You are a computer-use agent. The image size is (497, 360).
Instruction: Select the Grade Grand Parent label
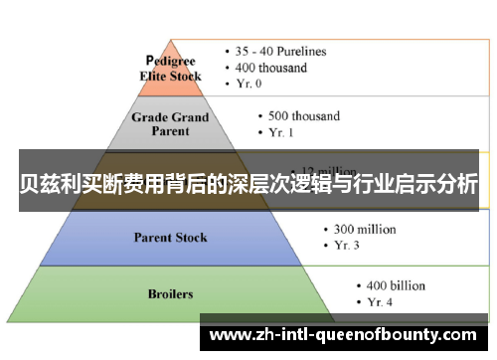tap(170, 123)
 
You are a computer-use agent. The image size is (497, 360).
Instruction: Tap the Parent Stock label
tap(170, 237)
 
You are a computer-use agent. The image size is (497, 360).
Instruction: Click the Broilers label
tap(170, 294)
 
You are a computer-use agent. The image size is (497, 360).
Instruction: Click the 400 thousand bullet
tap(270, 68)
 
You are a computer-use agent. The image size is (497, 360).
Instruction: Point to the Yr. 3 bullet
tap(347, 246)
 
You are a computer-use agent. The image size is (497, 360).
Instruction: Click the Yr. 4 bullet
tap(381, 301)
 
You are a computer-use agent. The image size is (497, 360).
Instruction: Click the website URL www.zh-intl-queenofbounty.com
tap(344, 334)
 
